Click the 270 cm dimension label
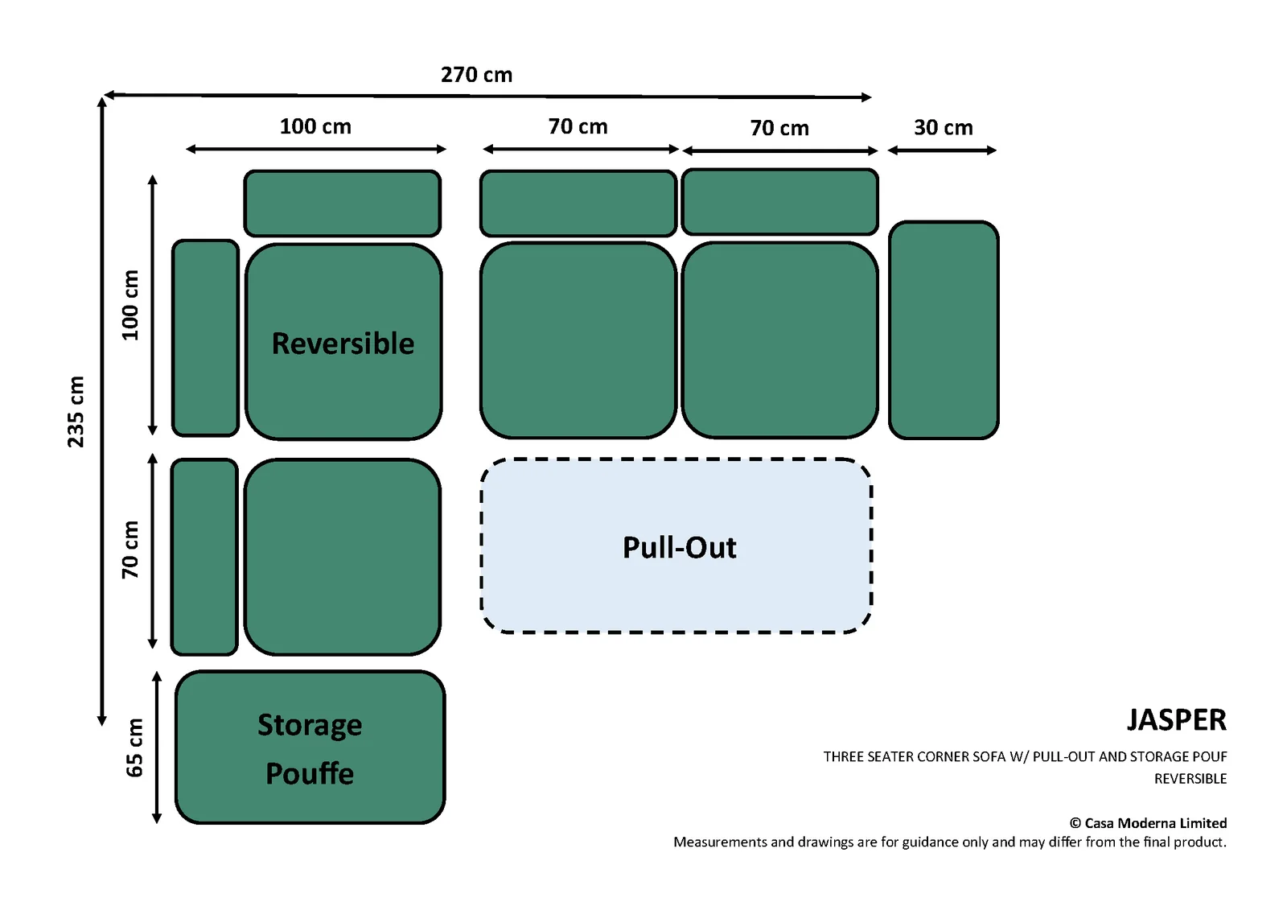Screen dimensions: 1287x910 (x=476, y=75)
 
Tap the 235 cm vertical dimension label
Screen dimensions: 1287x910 (x=76, y=412)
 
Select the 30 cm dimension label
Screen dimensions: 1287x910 (x=944, y=127)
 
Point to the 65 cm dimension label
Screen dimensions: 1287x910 (x=134, y=747)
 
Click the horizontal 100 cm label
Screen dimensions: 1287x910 (x=315, y=126)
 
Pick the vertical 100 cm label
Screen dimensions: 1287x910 (x=130, y=305)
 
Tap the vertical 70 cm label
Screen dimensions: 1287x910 (x=130, y=550)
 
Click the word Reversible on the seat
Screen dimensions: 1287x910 (x=343, y=344)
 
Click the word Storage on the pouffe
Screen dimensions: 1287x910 (x=310, y=725)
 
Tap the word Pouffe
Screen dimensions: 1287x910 (x=310, y=773)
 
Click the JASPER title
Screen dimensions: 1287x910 (x=1177, y=720)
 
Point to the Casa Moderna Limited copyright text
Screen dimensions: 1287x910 (x=1148, y=823)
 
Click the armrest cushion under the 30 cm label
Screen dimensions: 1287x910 (x=944, y=330)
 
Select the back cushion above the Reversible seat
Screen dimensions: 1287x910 (x=343, y=203)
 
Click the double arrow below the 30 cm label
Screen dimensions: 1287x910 (x=942, y=150)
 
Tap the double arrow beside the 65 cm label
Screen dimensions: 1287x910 (x=156, y=747)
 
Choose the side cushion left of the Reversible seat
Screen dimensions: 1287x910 (x=205, y=338)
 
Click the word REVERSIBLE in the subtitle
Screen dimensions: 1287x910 (x=1190, y=779)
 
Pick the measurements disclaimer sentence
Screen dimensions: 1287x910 (x=950, y=842)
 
